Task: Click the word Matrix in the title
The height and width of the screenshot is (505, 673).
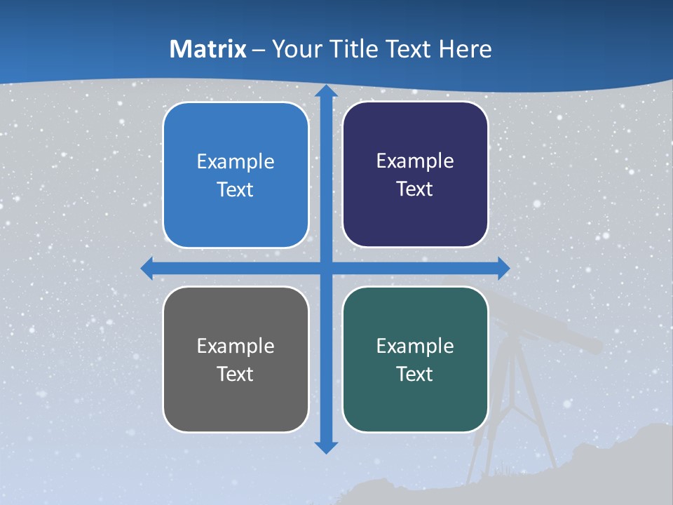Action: click(208, 49)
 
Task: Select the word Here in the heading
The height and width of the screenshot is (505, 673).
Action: click(465, 49)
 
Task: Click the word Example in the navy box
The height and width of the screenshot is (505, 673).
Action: click(415, 161)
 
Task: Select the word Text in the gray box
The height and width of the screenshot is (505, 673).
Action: click(235, 374)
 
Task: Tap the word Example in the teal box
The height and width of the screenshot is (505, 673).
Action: click(415, 346)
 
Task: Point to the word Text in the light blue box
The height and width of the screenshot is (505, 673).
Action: click(235, 189)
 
